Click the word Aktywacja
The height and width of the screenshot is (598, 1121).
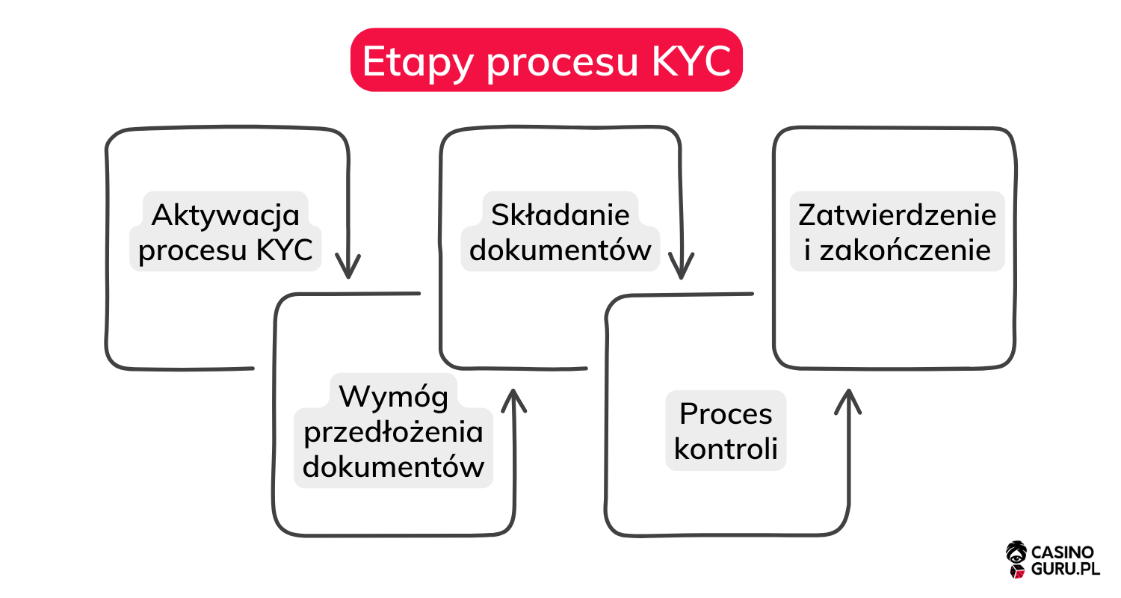click(225, 215)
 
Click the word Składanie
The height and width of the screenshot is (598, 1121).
click(560, 215)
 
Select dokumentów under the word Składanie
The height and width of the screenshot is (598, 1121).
click(560, 250)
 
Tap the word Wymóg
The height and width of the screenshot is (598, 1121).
click(394, 396)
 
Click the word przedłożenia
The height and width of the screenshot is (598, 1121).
click(394, 431)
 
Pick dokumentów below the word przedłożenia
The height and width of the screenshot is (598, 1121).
click(394, 467)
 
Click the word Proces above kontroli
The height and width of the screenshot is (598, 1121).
click(726, 413)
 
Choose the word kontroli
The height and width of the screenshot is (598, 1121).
click(726, 449)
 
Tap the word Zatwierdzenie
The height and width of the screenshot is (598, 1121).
click(897, 215)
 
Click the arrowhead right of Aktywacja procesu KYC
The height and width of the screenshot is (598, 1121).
click(348, 266)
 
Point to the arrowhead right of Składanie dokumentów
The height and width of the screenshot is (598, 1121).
click(682, 266)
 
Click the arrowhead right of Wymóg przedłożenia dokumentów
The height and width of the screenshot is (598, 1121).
click(513, 401)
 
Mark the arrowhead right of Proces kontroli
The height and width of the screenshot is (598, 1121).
click(848, 401)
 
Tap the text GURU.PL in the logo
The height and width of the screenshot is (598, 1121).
click(1066, 569)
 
